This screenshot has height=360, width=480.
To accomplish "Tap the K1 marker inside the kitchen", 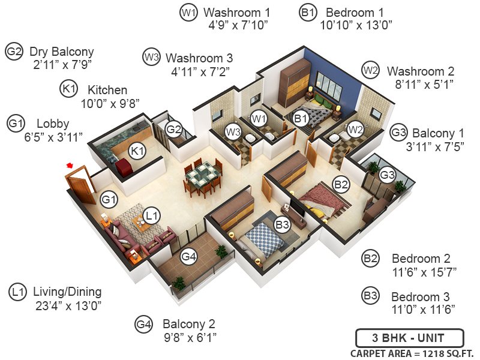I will (x=137, y=150).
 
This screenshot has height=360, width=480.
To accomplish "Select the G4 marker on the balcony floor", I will (x=189, y=257).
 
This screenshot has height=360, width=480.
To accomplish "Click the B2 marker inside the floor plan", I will (x=341, y=185).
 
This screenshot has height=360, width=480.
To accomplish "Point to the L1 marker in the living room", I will (x=152, y=214).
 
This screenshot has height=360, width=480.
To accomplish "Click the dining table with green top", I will (x=202, y=175).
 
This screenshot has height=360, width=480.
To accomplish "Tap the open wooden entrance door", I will (x=79, y=187).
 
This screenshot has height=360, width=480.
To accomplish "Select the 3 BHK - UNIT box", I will (x=409, y=337).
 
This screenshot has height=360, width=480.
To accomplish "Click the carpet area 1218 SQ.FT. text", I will (x=412, y=353).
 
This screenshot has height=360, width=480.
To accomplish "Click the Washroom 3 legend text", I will (x=199, y=58).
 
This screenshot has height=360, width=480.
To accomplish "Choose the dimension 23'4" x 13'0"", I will (x=68, y=305).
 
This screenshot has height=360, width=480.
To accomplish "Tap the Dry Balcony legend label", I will (x=62, y=52).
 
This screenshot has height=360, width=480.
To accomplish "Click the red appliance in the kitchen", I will (x=124, y=167).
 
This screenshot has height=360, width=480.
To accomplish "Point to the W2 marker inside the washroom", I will (x=355, y=129).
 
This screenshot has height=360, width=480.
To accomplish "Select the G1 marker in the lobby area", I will (x=109, y=198).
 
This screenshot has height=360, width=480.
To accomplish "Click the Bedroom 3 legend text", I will (x=420, y=297).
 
